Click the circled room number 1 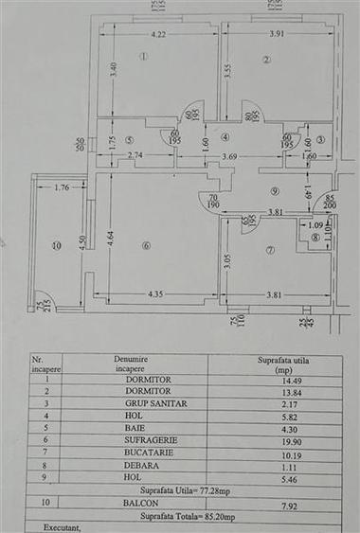pos(143,56)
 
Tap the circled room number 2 pos(267,60)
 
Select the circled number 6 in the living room pos(146,247)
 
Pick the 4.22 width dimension pos(157,36)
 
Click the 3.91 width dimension pos(274,36)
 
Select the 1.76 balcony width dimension pos(64,187)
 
